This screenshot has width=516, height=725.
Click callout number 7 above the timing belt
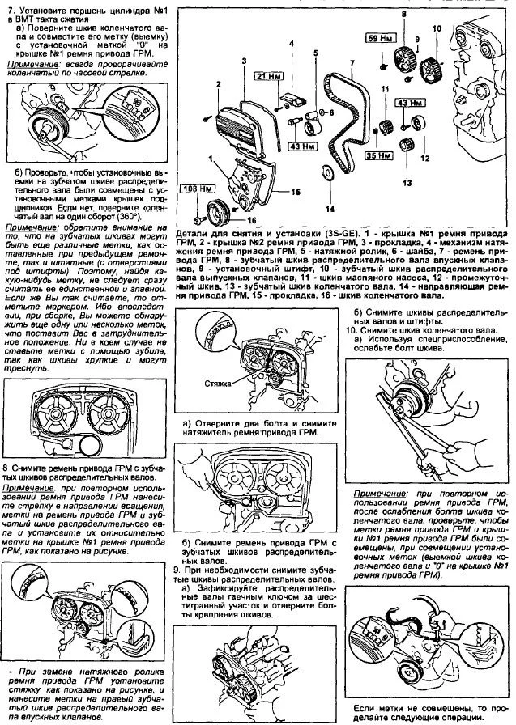coord(352,62)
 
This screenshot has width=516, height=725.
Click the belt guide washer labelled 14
coord(326,172)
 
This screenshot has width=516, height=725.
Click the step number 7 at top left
coord(9,9)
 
